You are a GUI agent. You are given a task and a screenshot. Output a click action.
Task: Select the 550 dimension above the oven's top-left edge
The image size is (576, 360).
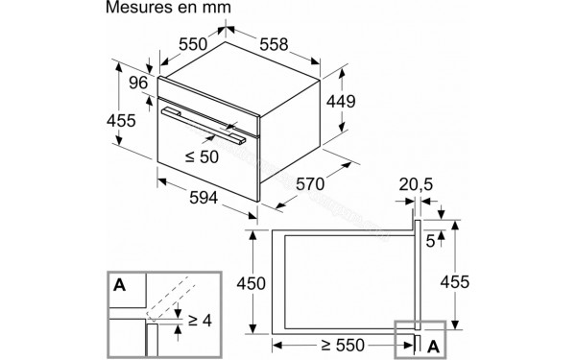tap(196, 44)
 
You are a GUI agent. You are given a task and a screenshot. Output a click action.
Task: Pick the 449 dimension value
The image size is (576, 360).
tap(341, 102)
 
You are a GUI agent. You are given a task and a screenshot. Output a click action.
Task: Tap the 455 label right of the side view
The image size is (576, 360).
tap(460, 285)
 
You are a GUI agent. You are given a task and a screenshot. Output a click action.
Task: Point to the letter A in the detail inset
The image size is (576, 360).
tap(120, 284)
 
